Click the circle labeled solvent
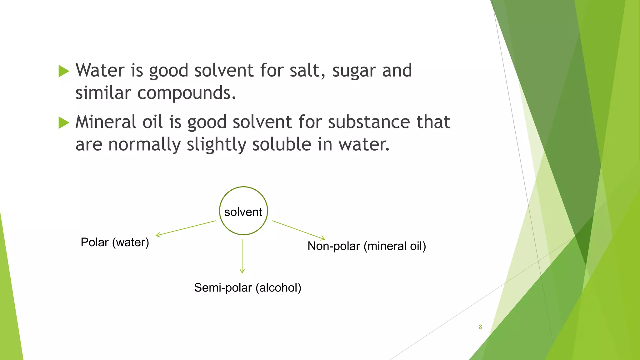click(243, 211)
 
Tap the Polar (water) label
click(115, 242)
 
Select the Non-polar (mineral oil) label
click(367, 246)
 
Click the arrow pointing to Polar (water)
click(186, 228)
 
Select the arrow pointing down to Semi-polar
click(242, 256)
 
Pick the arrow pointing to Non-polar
click(298, 230)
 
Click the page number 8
click(480, 327)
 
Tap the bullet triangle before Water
click(64, 71)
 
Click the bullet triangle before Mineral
click(64, 122)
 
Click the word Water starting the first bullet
click(100, 70)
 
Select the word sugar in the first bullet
click(354, 71)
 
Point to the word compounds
click(187, 93)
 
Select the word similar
click(103, 93)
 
